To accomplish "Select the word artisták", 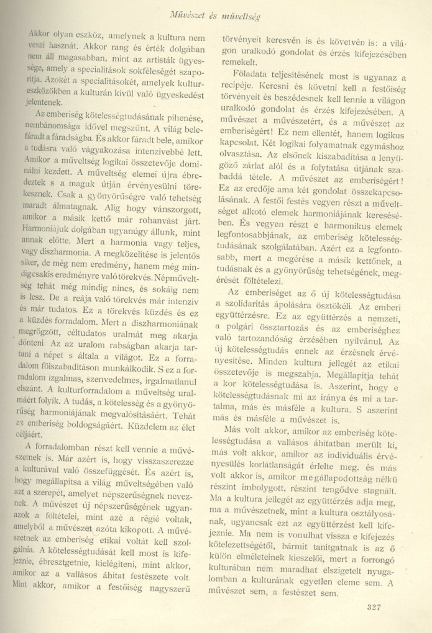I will tap(150, 62).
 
